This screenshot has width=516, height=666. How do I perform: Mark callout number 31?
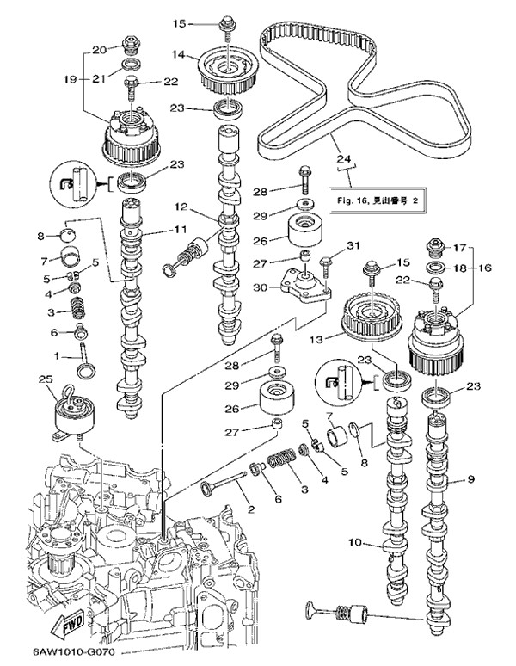[x=353, y=245]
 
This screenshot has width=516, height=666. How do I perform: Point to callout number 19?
[x=72, y=79]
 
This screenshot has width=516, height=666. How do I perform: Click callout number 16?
[x=486, y=268]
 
